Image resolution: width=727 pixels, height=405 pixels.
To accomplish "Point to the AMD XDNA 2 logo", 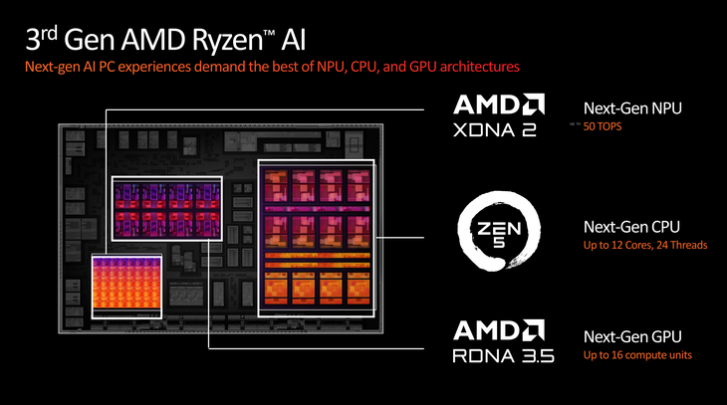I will [x=498, y=117].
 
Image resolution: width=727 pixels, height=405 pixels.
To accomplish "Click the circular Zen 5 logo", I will [x=498, y=235].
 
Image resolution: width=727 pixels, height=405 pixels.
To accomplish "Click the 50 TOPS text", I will [x=602, y=126].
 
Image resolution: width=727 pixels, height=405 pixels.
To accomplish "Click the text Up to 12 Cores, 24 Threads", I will [x=644, y=245].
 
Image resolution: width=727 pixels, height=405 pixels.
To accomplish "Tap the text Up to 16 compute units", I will [x=636, y=355].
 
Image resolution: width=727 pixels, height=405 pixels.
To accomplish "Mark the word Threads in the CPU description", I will [x=688, y=245].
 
